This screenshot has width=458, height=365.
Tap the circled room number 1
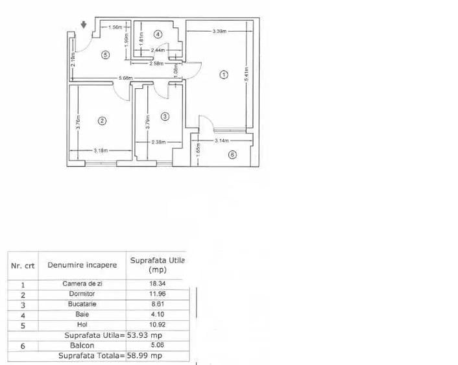(224, 75)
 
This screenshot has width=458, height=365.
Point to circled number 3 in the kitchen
(165, 116)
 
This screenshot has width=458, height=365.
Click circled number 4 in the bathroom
(158, 34)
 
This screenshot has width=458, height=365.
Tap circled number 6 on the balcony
(232, 154)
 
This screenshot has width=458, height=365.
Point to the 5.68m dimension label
(125, 79)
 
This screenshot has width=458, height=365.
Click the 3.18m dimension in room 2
(101, 151)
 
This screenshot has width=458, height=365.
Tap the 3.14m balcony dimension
(223, 140)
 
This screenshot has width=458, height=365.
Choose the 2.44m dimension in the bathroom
(158, 50)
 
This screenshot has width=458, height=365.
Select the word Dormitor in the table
(82, 294)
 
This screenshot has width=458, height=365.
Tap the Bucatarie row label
(82, 303)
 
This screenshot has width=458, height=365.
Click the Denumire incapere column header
(82, 265)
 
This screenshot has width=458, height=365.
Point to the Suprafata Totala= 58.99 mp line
(110, 356)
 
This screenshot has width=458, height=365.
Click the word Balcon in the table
(82, 346)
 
